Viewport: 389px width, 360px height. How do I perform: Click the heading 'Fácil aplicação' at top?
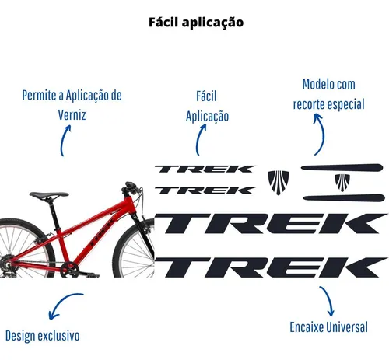click(196, 23)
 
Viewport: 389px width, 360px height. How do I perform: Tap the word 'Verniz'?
click(72, 115)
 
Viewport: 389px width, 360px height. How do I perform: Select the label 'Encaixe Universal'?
click(328, 327)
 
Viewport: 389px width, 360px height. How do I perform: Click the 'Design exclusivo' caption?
click(42, 336)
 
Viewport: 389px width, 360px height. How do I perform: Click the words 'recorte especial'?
click(328, 104)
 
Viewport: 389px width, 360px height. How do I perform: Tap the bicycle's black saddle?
click(49, 195)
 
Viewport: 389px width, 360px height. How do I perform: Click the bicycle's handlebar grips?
click(131, 187)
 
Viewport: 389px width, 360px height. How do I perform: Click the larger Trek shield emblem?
click(278, 183)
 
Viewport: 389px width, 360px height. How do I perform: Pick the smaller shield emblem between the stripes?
click(342, 183)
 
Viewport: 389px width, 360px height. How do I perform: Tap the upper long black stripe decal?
click(342, 167)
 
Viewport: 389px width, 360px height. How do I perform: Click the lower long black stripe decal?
click(344, 197)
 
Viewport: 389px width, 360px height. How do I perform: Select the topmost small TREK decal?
click(205, 170)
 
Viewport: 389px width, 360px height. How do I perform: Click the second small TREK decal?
click(205, 190)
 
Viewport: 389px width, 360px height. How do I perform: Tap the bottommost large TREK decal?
click(271, 267)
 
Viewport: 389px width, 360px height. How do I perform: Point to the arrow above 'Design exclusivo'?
click(62, 301)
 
